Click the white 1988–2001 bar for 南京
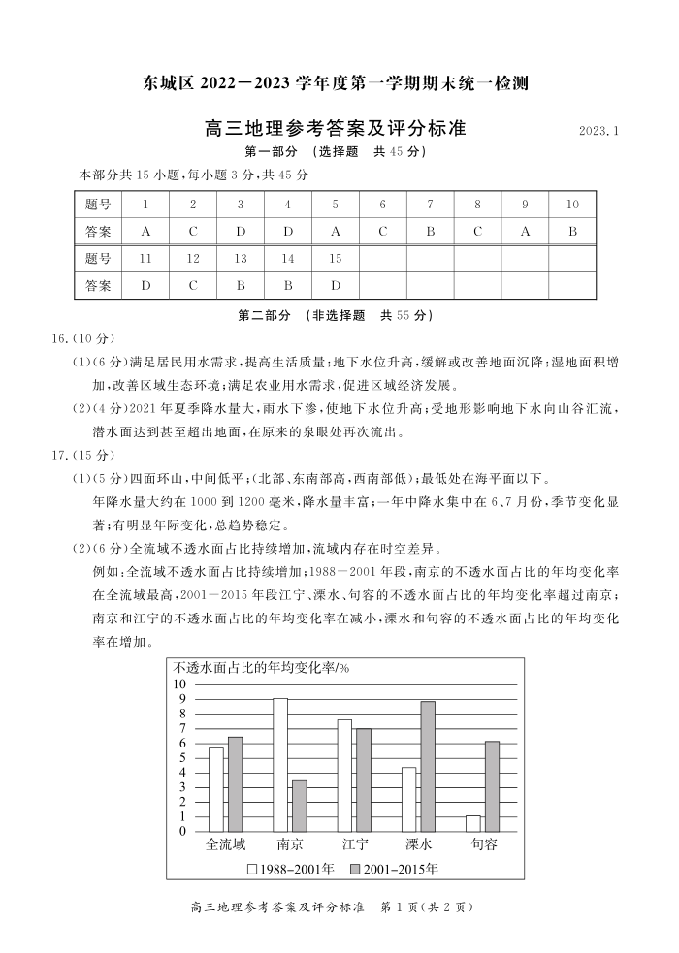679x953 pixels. click(280, 764)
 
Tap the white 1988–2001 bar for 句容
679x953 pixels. click(472, 823)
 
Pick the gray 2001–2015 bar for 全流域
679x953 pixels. click(235, 783)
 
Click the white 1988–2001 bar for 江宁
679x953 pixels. click(344, 775)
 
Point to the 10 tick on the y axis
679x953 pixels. click(179, 683)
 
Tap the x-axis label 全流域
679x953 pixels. click(225, 844)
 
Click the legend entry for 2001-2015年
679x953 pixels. click(393, 869)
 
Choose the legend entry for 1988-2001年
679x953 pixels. click(291, 869)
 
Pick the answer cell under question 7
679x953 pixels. click(430, 232)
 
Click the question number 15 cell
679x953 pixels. click(336, 259)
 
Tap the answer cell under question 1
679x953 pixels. click(145, 232)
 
